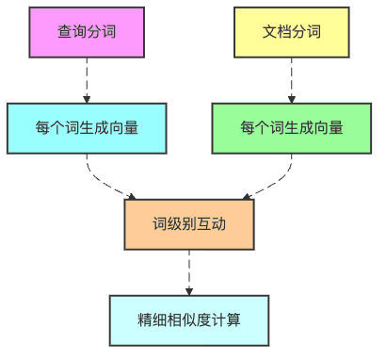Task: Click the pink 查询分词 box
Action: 87,31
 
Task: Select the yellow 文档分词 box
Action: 291,31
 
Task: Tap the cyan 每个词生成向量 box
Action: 87,127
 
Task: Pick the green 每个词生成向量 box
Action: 291,127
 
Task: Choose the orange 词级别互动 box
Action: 189,224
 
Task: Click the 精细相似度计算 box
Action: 189,319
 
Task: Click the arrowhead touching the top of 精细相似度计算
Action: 189,290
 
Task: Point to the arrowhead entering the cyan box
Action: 87,98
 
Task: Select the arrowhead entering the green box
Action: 291,98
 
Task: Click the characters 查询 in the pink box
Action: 72,31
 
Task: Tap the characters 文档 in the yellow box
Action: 277,31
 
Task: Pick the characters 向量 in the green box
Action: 329,127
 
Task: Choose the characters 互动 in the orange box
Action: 211,224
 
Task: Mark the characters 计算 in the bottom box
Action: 227,319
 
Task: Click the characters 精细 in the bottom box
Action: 152,319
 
